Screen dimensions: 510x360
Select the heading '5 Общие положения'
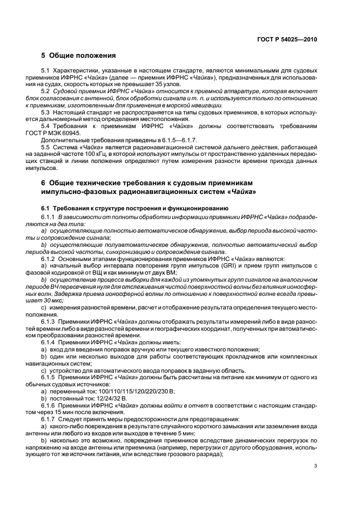(x=78, y=56)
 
